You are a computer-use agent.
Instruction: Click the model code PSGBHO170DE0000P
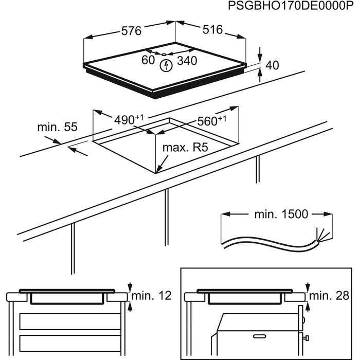pos(285,7)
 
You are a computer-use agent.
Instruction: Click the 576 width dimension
pos(131,31)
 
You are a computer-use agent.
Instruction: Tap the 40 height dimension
pos(272,65)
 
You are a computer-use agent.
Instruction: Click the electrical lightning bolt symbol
pos(166,66)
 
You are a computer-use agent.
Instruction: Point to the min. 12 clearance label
pos(151,296)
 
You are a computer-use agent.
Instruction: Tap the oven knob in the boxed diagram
pos(308,338)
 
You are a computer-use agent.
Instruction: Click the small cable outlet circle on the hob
pos(164,53)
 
